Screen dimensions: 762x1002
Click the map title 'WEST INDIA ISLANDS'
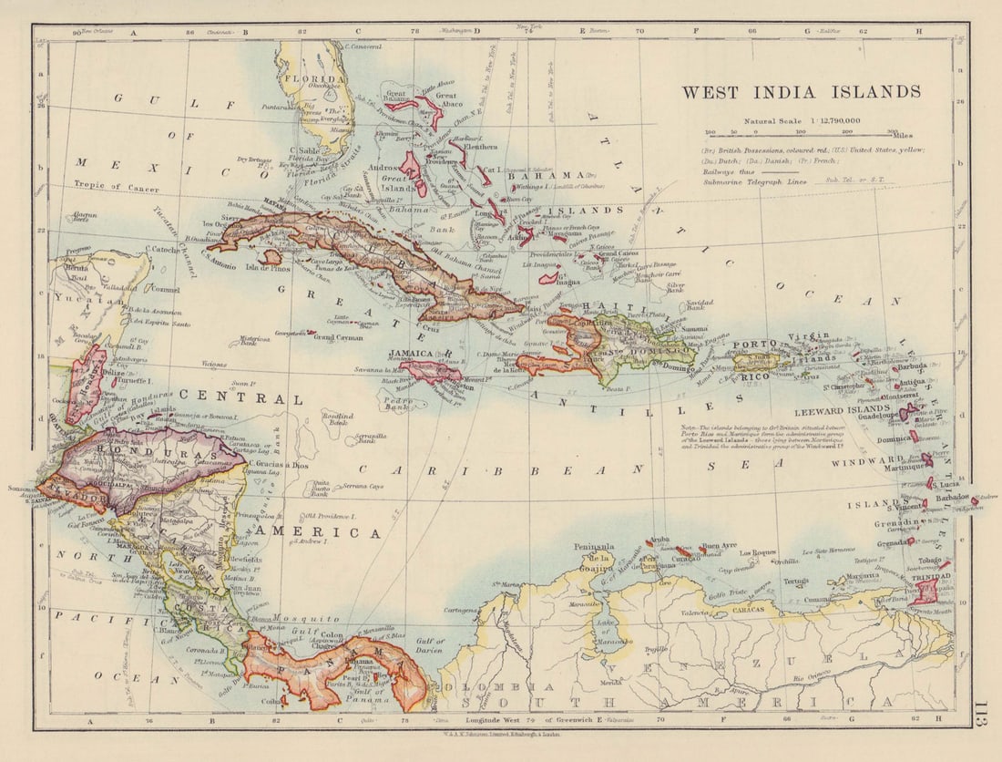[801, 92]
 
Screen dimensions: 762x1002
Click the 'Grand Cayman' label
[338, 336]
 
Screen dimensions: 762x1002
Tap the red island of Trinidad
[927, 592]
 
